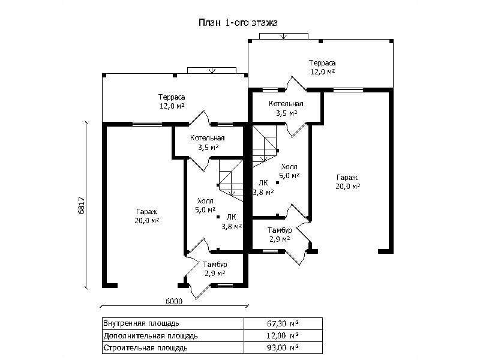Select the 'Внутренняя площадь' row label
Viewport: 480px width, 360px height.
tap(141, 323)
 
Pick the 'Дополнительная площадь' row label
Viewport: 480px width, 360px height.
tap(151, 335)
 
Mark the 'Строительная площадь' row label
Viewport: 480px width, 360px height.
tap(146, 347)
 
